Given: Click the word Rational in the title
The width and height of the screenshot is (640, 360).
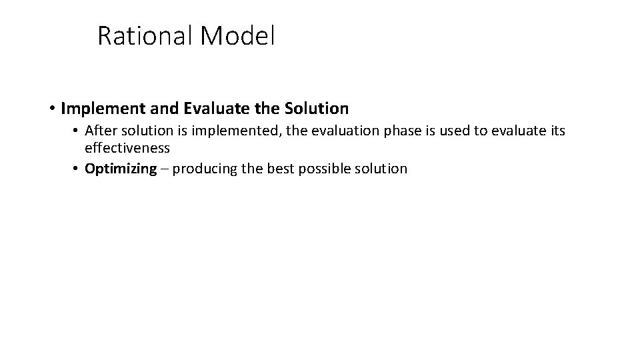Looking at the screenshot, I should coord(145,36).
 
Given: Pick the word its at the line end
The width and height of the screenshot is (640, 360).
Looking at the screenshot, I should coord(555,131).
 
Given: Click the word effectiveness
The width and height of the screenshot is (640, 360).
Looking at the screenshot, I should coord(127,148).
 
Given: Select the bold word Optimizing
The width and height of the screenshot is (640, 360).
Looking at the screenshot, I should coord(120,169).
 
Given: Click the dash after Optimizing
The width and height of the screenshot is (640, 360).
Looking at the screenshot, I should coord(164,169).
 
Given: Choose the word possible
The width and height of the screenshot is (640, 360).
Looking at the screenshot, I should coord(324,169).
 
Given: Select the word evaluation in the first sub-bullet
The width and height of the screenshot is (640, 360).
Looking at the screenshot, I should coord(329,131).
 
